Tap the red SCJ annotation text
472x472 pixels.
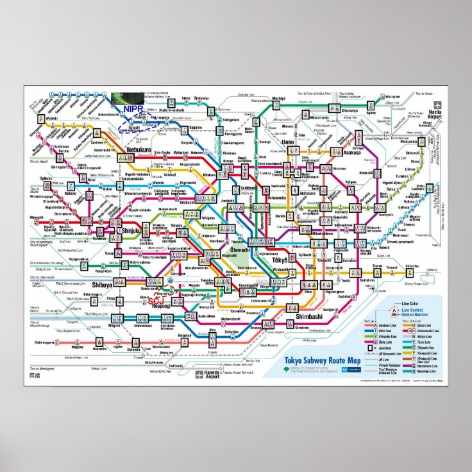[x=156, y=299]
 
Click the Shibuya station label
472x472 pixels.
[x=102, y=285]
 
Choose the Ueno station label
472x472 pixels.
[x=287, y=142]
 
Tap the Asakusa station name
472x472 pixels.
[x=351, y=153]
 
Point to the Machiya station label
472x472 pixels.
[x=278, y=98]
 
